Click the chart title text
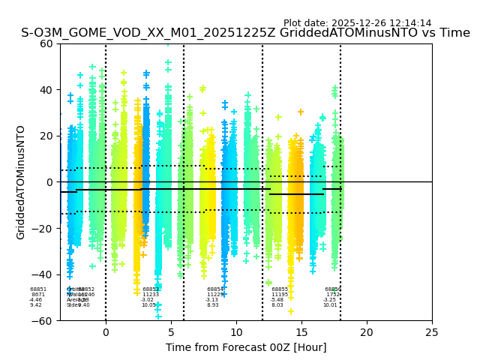tap(245, 33)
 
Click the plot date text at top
tap(357, 23)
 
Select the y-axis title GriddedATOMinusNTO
tap(21, 182)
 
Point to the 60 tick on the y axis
tap(46, 43)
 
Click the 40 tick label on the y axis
tap(46, 90)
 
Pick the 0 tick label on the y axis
tap(49, 182)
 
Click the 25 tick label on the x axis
tap(432, 332)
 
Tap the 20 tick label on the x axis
tap(367, 332)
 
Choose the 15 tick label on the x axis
tap(301, 332)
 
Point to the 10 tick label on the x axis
tap(236, 332)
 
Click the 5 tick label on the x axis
tap(171, 332)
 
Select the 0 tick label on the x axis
tap(106, 332)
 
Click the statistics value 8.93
tap(213, 305)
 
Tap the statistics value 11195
tap(279, 295)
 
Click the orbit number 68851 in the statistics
tap(38, 289)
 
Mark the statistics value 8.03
tap(277, 305)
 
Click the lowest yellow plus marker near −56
tap(291, 311)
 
